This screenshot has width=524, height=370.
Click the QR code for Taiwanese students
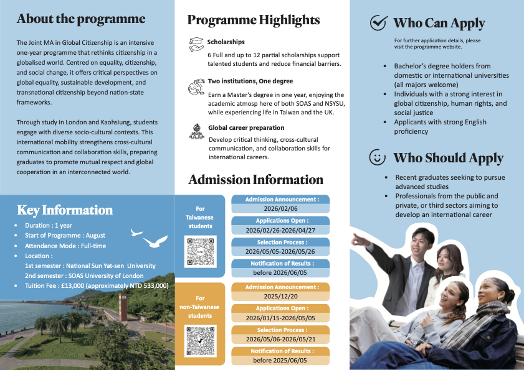click(x=200, y=252)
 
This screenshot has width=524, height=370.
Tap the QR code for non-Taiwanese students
click(x=200, y=341)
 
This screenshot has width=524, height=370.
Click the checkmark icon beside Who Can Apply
click(x=379, y=22)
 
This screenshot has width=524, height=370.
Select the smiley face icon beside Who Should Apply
click(x=378, y=157)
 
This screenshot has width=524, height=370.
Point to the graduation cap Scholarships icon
click(x=196, y=44)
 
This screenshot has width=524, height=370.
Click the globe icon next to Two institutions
click(x=196, y=87)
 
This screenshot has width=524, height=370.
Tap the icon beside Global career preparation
click(x=197, y=131)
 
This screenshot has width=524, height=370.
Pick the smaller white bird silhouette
click(x=136, y=232)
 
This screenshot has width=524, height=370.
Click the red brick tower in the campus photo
click(x=123, y=307)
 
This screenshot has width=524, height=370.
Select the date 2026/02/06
click(x=281, y=209)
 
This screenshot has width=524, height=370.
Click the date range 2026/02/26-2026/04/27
click(x=280, y=230)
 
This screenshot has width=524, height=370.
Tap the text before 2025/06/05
click(x=280, y=360)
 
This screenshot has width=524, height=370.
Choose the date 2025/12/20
click(x=281, y=296)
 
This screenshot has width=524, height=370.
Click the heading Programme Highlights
click(x=254, y=21)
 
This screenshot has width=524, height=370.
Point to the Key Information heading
click(x=65, y=210)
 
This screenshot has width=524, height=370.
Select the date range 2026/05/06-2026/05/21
click(x=280, y=339)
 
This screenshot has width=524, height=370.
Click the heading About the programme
click(x=81, y=19)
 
